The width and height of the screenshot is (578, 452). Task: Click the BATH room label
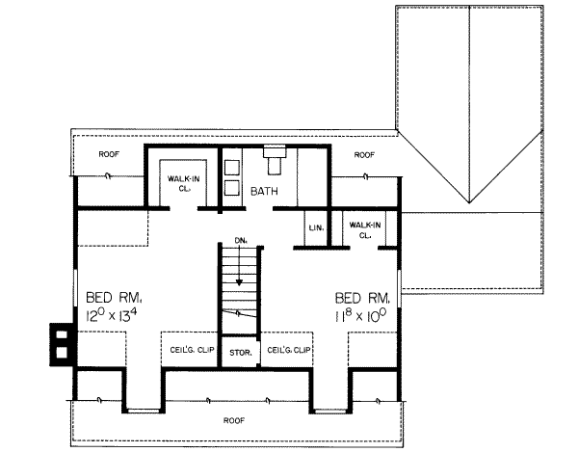click(264, 191)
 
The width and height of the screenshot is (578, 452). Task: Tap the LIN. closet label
click(316, 228)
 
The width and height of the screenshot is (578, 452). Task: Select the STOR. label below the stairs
click(241, 353)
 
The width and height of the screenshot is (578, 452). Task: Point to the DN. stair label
click(240, 241)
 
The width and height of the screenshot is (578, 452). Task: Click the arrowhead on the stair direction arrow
click(239, 282)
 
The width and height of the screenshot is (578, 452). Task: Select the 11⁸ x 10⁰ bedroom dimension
click(360, 315)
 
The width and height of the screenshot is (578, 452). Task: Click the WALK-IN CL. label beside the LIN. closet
click(365, 230)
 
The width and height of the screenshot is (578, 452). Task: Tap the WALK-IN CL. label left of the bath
click(184, 183)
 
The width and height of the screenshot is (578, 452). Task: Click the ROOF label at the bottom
click(234, 420)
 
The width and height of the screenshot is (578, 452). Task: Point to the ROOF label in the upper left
click(109, 154)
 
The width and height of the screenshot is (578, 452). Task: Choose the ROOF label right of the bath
click(364, 155)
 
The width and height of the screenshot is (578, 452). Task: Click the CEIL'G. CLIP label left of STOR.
click(192, 350)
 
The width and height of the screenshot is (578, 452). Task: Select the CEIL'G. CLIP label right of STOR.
click(289, 350)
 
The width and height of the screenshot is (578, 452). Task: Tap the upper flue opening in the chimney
click(62, 334)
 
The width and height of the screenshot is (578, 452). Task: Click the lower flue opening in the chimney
click(62, 353)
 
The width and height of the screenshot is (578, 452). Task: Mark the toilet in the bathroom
click(275, 159)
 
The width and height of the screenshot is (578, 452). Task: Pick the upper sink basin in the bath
click(232, 168)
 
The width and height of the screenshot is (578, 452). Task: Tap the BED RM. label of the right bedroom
click(363, 298)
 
